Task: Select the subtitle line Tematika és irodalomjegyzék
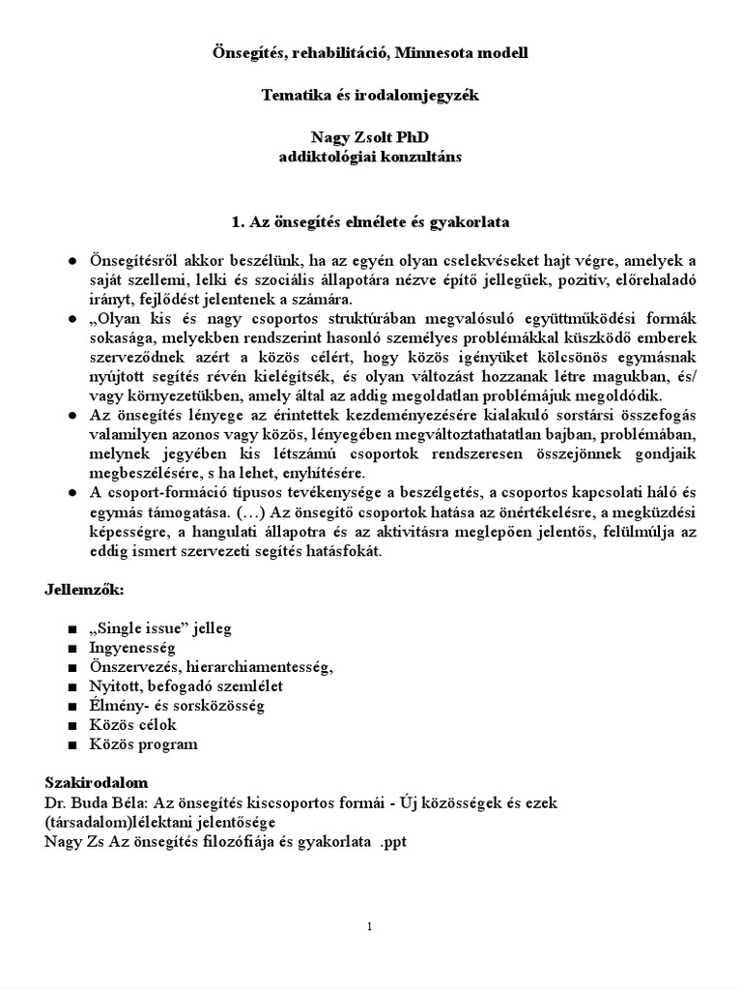[370, 97]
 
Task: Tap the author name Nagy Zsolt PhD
[370, 139]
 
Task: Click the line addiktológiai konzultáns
[370, 157]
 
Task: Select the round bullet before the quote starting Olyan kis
[71, 319]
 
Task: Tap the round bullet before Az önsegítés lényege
[71, 415]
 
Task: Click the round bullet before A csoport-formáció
[71, 492]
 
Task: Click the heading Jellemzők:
[82, 589]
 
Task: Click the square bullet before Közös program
[71, 745]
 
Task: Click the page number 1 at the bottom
[370, 927]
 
